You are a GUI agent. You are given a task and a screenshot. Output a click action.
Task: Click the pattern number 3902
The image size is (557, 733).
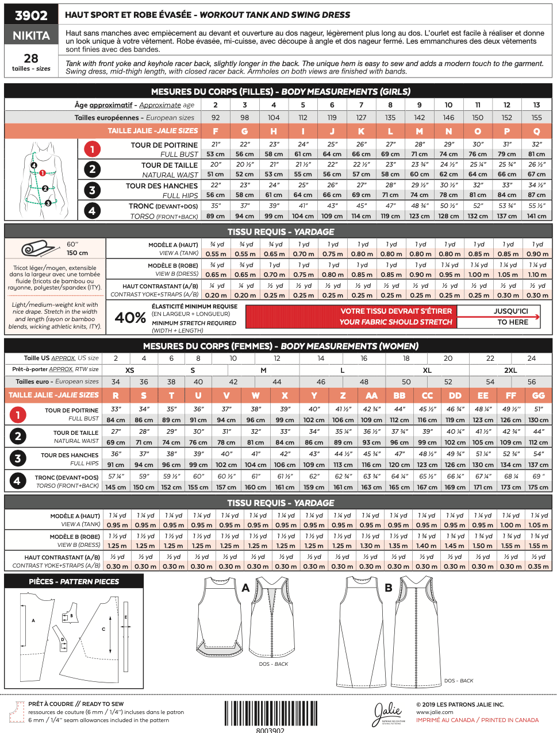tap(31, 16)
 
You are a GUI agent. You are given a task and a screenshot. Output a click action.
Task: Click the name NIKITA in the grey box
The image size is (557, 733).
tap(31, 36)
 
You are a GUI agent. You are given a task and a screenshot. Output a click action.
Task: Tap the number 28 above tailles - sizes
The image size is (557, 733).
tap(31, 59)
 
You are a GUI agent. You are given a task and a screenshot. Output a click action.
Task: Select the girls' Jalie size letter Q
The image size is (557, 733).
tap(536, 131)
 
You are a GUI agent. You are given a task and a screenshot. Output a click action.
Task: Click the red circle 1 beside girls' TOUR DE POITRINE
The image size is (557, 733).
tap(92, 149)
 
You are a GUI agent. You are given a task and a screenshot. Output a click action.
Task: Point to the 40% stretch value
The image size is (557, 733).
tap(130, 318)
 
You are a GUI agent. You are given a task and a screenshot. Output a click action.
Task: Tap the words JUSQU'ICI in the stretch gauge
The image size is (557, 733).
tap(510, 311)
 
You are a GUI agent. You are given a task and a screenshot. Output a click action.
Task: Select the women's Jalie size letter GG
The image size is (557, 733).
tap(538, 395)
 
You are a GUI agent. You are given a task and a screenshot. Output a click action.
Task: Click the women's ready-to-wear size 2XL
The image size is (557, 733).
tap(510, 370)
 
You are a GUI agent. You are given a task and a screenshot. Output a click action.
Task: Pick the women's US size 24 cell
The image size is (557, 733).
tap(532, 358)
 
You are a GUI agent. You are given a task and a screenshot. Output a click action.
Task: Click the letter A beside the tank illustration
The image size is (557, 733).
tap(245, 588)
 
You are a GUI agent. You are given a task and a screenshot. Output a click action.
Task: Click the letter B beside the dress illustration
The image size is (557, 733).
tap(389, 588)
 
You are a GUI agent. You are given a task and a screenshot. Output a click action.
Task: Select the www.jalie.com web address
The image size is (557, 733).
tap(435, 712)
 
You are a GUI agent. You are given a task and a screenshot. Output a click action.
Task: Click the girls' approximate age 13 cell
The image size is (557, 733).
tap(536, 105)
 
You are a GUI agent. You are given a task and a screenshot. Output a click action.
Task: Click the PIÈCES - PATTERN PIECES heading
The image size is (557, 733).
tap(74, 581)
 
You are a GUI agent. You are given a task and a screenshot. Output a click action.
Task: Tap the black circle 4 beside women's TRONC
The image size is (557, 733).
tap(18, 481)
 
